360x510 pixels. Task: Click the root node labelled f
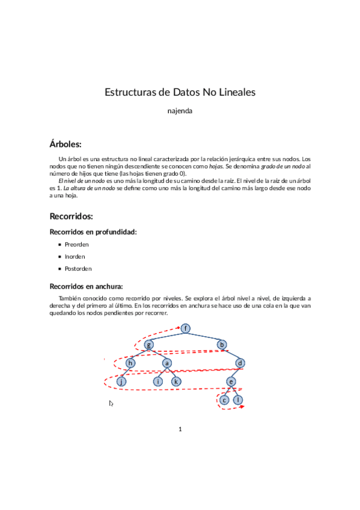[x=186, y=328]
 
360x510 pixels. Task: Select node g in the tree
[x=149, y=345]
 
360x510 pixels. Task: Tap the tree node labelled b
[x=222, y=345]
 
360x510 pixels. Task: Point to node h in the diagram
[x=130, y=363]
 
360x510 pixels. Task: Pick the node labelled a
[x=167, y=363]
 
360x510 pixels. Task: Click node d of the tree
[x=240, y=363]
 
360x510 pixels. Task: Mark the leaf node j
[x=121, y=381]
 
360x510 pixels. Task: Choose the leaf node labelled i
[x=158, y=381]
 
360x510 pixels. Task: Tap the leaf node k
[x=176, y=381]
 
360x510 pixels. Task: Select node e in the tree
[x=231, y=381]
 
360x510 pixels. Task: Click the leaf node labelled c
[x=224, y=400]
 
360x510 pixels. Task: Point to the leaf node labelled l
[x=239, y=400]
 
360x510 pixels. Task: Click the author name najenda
[x=180, y=111]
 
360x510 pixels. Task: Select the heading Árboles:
[x=65, y=144]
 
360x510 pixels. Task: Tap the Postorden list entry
[x=79, y=269]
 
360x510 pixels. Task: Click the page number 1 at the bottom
[x=180, y=429]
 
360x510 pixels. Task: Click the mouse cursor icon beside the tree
[x=111, y=404]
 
